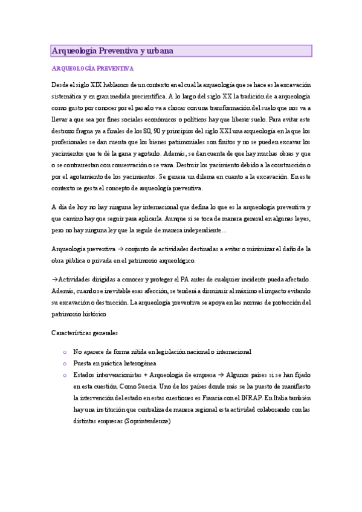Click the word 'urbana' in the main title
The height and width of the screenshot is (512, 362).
tap(160, 51)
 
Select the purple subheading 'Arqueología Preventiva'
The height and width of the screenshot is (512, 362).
tap(92, 69)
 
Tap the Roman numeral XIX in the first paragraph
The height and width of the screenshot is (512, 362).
tap(98, 85)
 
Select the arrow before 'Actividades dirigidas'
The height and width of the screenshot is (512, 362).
tap(55, 280)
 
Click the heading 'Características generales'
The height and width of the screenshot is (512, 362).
tap(85, 333)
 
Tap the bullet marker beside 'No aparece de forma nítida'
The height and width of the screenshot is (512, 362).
tap(65, 351)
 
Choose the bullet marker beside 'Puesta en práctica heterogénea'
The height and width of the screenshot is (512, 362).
tap(65, 363)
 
